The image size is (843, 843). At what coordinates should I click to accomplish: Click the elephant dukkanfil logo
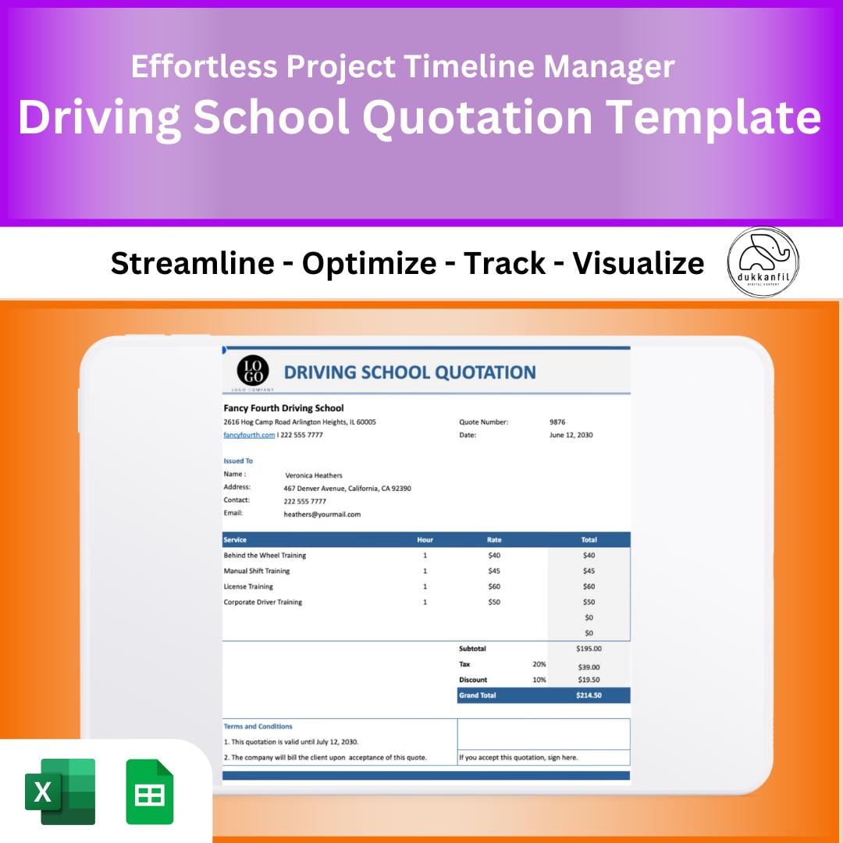(x=763, y=262)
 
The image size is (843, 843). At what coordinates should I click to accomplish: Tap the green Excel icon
(x=60, y=791)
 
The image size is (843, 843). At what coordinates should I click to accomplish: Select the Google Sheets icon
(x=150, y=791)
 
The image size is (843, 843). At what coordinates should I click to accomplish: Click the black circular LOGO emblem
(x=252, y=370)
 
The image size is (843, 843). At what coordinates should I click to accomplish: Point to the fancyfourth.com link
(x=249, y=435)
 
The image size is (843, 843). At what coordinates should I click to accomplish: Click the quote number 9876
(x=557, y=422)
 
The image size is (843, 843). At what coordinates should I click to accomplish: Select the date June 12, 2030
(x=571, y=435)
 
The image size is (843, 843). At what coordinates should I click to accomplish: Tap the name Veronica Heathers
(x=313, y=475)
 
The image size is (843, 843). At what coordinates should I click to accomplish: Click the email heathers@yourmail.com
(x=322, y=514)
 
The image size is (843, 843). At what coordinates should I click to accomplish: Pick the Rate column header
(x=494, y=539)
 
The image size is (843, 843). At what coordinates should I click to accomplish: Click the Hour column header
(x=425, y=539)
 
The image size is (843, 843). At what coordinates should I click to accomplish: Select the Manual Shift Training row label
(x=256, y=571)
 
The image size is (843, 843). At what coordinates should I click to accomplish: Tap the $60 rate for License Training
(x=494, y=586)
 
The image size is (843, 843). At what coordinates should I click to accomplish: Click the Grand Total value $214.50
(x=589, y=695)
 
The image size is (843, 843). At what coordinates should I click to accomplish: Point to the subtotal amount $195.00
(x=589, y=649)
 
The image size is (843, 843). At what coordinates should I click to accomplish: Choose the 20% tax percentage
(x=539, y=664)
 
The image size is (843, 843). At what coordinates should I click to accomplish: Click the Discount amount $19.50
(x=589, y=680)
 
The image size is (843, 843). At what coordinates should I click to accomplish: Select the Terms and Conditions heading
(x=258, y=726)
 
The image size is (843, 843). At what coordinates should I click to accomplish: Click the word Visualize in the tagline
(x=638, y=264)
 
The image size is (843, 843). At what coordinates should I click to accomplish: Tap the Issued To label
(x=238, y=461)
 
